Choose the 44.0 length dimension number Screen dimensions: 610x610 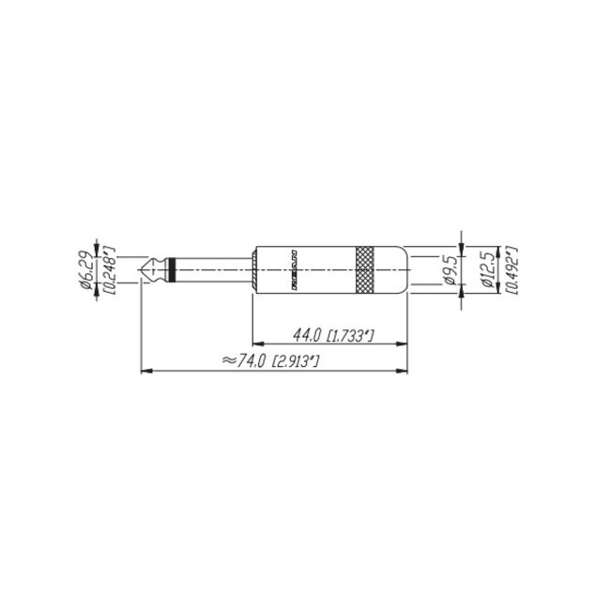pos(306,335)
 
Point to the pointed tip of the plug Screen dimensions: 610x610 pos(141,270)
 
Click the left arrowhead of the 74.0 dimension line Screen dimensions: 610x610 pos(145,371)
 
